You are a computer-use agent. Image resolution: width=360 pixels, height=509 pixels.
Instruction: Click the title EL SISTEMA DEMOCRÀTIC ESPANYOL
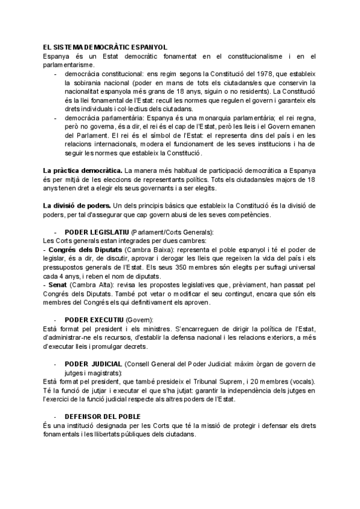pyautogui.click(x=101, y=46)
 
